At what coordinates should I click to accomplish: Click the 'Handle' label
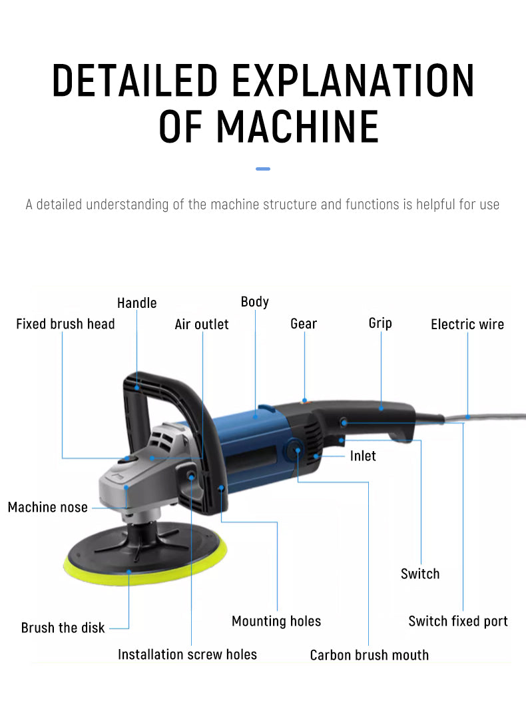tap(136, 303)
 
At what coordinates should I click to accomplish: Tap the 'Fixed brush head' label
tap(65, 325)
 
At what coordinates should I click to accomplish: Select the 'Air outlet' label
tap(201, 325)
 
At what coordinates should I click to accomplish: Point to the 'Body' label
tap(254, 302)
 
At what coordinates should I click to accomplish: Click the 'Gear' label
tap(304, 324)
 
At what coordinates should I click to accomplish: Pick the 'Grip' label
tap(380, 323)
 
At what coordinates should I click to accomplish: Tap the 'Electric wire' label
tap(467, 325)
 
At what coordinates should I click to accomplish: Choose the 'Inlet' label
tap(363, 456)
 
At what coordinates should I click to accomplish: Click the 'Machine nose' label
tap(47, 508)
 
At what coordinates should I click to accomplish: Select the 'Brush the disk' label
tap(63, 628)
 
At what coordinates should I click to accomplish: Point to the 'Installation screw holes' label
tap(187, 654)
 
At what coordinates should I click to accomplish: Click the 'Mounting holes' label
tap(276, 621)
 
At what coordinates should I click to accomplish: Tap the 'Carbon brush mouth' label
tap(369, 655)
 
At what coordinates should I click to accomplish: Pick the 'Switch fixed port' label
tap(457, 621)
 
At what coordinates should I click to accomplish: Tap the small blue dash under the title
tap(263, 169)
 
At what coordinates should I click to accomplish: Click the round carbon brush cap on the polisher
tap(293, 452)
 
